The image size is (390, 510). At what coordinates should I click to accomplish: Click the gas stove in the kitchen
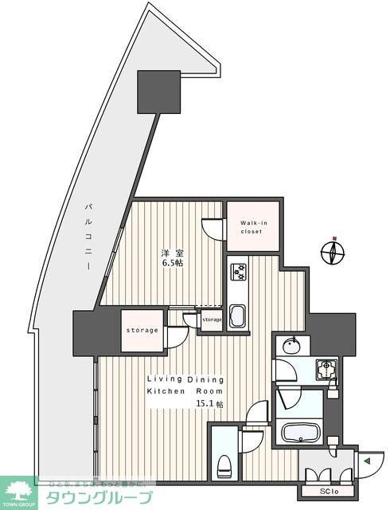coord(239,273)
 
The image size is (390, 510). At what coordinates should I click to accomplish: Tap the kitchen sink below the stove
coord(237,316)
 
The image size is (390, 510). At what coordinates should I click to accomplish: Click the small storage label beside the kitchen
coord(212,320)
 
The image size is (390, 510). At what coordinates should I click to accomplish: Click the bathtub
coord(302,433)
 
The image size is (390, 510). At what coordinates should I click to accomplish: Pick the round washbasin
coord(291,347)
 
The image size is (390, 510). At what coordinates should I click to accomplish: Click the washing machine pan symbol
coord(324,369)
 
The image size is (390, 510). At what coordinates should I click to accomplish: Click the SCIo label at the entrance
coord(328,491)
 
